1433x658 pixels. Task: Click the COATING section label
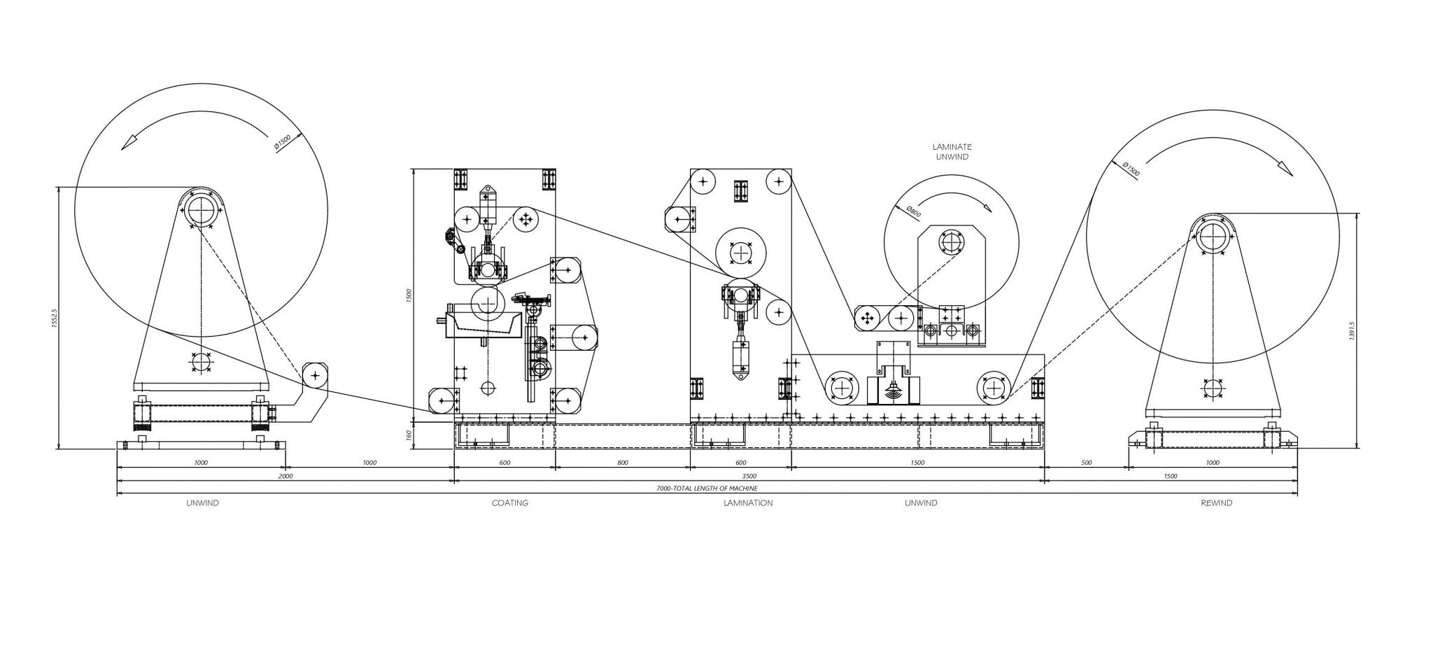(x=509, y=503)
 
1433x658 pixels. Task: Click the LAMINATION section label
(x=748, y=503)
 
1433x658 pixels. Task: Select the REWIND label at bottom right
(x=1216, y=503)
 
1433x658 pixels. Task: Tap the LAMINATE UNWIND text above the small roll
(x=952, y=152)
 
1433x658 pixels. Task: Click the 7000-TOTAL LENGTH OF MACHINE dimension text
(x=707, y=488)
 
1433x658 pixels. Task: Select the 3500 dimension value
(x=748, y=476)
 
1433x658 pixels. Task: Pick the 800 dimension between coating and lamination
(x=623, y=463)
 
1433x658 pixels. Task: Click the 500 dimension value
(x=1086, y=463)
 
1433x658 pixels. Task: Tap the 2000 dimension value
(x=285, y=476)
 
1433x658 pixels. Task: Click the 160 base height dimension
(x=409, y=436)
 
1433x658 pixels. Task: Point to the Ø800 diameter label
(x=912, y=213)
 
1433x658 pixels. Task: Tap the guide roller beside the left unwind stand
(x=316, y=376)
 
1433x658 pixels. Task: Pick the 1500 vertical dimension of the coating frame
(x=409, y=295)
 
